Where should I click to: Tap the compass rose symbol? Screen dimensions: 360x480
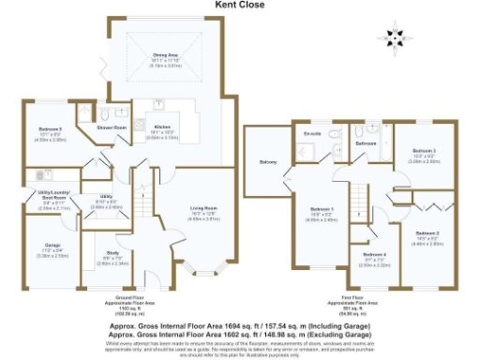click(394, 38)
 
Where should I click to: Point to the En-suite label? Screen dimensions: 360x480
click(312, 134)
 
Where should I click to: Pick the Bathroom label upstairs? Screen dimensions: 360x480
click(366, 143)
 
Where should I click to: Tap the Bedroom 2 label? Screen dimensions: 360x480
click(427, 232)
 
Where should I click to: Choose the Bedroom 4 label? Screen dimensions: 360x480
click(373, 254)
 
